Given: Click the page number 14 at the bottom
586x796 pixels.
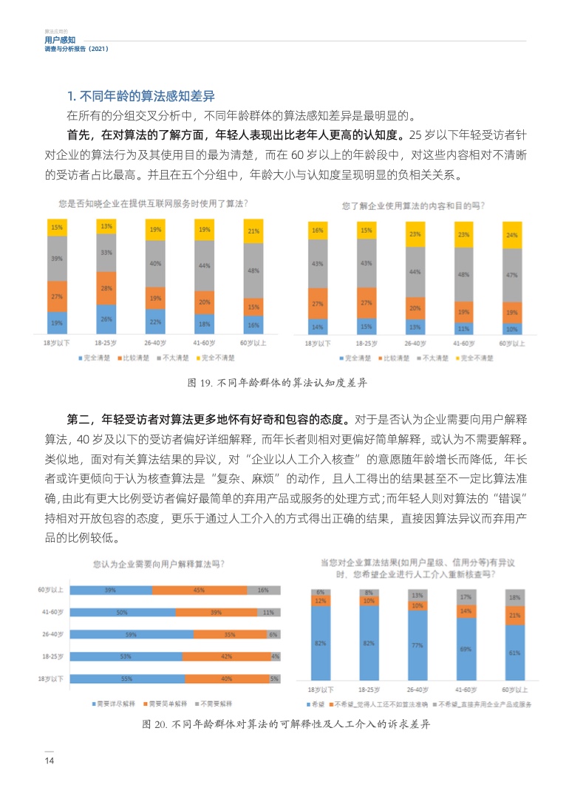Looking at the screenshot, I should pos(50,761).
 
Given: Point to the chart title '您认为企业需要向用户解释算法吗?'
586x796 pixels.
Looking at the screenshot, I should pos(159,564).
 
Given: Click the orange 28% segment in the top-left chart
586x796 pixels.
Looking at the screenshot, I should pos(106,288).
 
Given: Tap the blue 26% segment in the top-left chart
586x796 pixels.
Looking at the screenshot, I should pos(106,319).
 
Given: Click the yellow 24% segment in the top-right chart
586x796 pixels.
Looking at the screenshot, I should pos(511,236).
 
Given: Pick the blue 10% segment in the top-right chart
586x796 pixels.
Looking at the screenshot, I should pos(511,328).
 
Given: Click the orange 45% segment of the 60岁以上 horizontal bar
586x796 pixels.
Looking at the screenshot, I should pos(199,590).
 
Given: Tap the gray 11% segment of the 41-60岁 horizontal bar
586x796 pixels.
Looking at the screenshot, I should pos(268,612).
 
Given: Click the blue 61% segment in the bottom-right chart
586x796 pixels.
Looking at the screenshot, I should pos(515,653).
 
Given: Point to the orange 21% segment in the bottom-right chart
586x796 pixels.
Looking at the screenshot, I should pos(515,615).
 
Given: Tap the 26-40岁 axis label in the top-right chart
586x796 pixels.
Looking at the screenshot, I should pos(415,344).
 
